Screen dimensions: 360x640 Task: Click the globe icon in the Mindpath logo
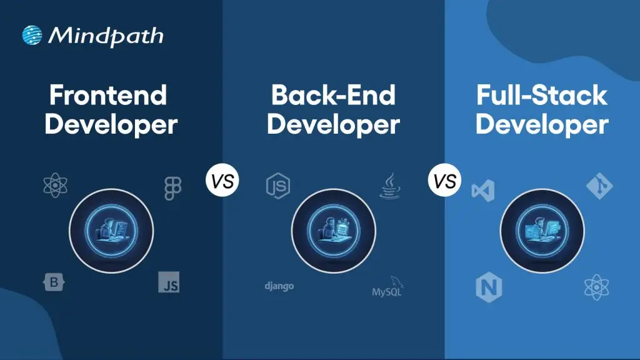pos(32,35)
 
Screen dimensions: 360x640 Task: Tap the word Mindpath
pos(106,36)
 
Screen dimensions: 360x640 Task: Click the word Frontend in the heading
pos(107,96)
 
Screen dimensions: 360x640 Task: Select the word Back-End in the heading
pos(332,96)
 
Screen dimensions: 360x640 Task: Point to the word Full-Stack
pos(541,96)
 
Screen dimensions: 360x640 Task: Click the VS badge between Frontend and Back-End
pos(222,182)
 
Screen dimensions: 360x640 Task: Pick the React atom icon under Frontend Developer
pos(56,186)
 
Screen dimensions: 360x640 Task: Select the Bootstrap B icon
pos(54,282)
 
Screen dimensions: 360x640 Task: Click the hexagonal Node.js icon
pos(277,186)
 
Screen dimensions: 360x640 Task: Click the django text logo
pos(279,286)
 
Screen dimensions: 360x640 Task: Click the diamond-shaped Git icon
pos(599,186)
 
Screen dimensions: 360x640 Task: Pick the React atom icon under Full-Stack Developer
pos(596,287)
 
